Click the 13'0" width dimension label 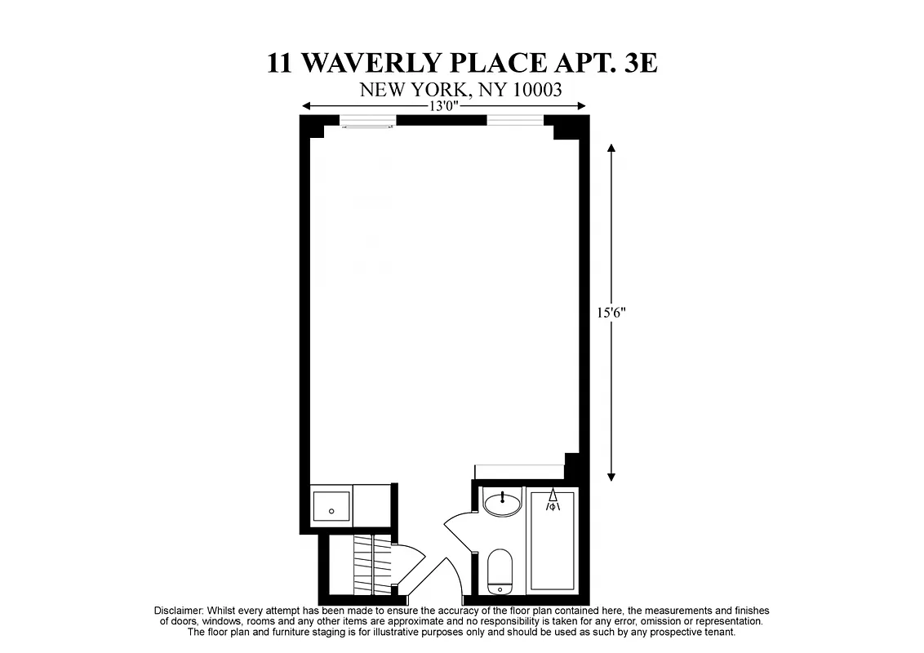pyautogui.click(x=443, y=106)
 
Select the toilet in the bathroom pyautogui.click(x=499, y=571)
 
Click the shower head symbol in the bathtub pyautogui.click(x=553, y=500)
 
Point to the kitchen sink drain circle pyautogui.click(x=331, y=512)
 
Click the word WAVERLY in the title pyautogui.click(x=384, y=63)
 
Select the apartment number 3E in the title pyautogui.click(x=640, y=63)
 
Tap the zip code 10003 pyautogui.click(x=536, y=90)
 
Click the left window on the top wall pyautogui.click(x=367, y=122)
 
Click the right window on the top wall pyautogui.click(x=515, y=122)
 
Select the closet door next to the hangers pyautogui.click(x=408, y=563)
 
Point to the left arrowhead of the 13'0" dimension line pyautogui.click(x=306, y=106)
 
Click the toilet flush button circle pyautogui.click(x=499, y=588)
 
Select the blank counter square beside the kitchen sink pyautogui.click(x=372, y=506)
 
